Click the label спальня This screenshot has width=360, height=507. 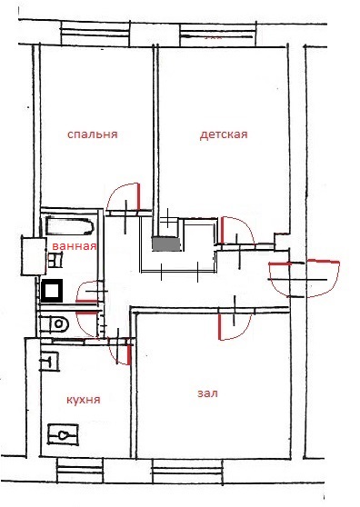click(x=93, y=134)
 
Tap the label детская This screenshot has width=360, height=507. click(x=224, y=134)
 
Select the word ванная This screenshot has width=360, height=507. click(x=75, y=246)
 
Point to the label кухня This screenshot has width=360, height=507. click(x=84, y=400)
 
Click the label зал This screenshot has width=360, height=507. click(x=207, y=393)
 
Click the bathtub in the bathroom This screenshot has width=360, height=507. click(x=70, y=225)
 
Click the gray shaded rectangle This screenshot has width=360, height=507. click(x=166, y=244)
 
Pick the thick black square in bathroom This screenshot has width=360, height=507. click(x=52, y=291)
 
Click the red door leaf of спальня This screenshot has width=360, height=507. click(x=138, y=196)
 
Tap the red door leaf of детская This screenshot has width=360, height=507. click(x=222, y=230)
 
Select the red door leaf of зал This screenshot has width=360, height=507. click(x=219, y=326)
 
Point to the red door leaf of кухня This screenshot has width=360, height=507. click(x=129, y=354)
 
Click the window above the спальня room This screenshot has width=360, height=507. click(x=95, y=34)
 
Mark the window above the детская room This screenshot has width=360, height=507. click(x=217, y=35)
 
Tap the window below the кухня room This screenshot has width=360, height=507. click(x=80, y=471)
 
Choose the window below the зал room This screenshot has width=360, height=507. click(x=187, y=472)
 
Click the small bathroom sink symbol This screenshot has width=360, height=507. click(x=55, y=261)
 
